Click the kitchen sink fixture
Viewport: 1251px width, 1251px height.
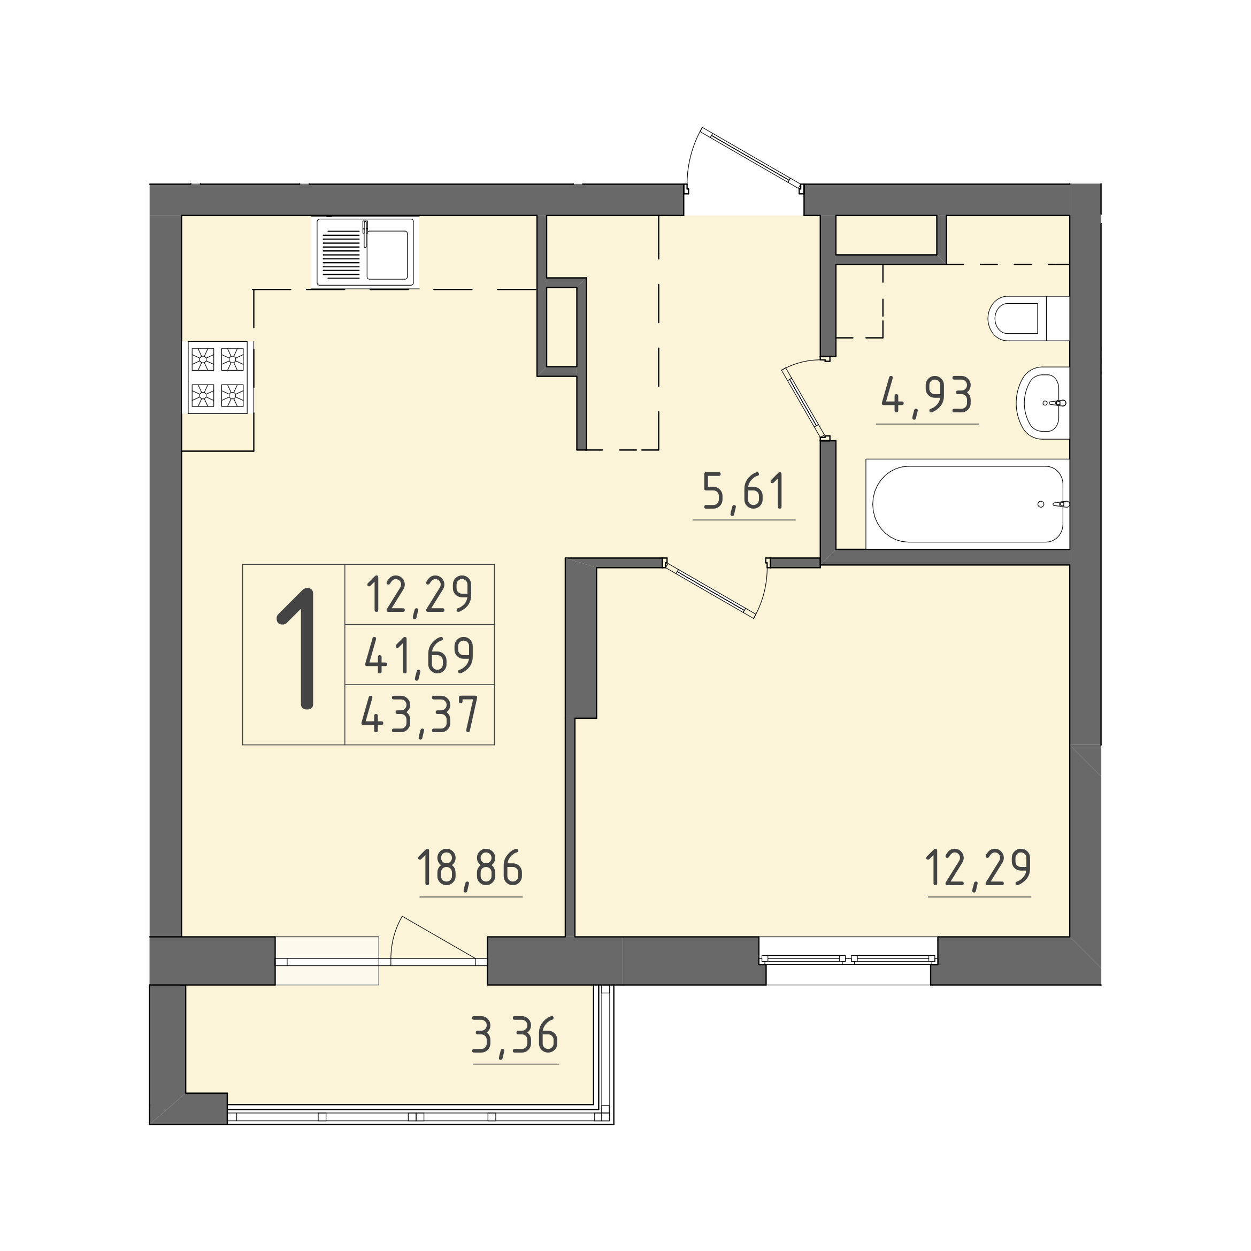pyautogui.click(x=365, y=252)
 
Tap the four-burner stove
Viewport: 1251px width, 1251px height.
pyautogui.click(x=218, y=377)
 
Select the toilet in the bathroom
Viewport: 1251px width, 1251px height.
pyautogui.click(x=1029, y=319)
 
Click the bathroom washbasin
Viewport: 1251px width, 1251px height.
pyautogui.click(x=1042, y=403)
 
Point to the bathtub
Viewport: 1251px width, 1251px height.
pyautogui.click(x=968, y=504)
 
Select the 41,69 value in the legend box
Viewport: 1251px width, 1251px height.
pyautogui.click(x=420, y=655)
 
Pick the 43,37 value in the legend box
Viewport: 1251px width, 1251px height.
pyautogui.click(x=420, y=715)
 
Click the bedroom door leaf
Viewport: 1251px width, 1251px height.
pyautogui.click(x=710, y=590)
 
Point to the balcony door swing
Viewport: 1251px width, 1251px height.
pyautogui.click(x=433, y=940)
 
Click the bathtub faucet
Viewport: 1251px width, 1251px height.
pyautogui.click(x=1061, y=504)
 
